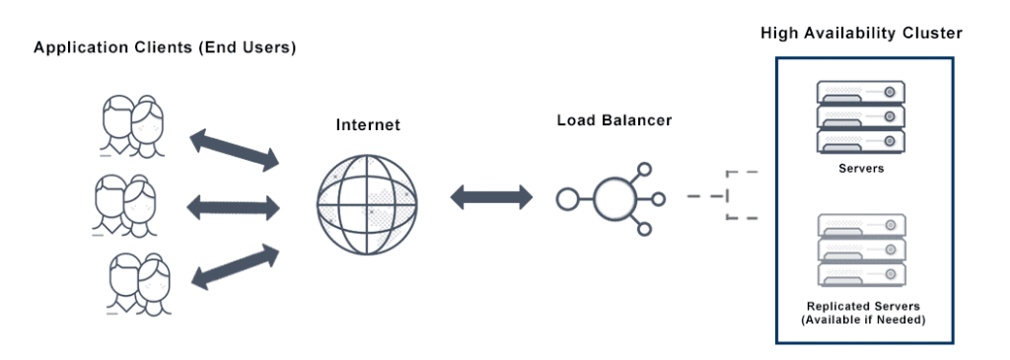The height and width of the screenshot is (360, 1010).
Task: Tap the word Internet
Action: point(368,126)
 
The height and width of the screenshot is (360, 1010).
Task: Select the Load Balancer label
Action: point(613,120)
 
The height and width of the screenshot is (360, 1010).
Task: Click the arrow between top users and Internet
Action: point(233,148)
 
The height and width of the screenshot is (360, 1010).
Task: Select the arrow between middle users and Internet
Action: point(233,206)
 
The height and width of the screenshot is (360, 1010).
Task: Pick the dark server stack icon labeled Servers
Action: point(861,116)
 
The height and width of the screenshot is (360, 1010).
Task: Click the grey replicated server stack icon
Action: point(861,250)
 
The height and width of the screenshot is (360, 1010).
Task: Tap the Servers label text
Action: point(861,168)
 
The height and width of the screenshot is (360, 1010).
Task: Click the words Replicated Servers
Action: point(860,307)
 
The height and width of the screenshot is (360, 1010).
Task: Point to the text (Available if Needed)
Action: point(860,322)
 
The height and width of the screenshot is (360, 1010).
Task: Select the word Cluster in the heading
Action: point(932,34)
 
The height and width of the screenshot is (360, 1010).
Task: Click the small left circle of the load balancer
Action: point(566,199)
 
